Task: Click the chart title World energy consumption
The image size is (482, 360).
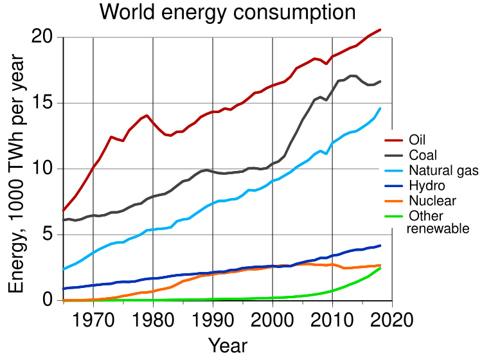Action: tap(228, 12)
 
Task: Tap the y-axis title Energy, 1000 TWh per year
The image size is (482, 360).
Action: tap(17, 175)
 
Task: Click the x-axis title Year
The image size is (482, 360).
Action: tap(228, 345)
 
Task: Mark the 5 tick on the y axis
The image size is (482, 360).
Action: tap(49, 235)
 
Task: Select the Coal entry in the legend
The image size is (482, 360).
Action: tap(422, 156)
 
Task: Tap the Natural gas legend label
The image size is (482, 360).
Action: tap(443, 171)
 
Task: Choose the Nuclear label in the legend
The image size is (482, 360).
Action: tap(431, 201)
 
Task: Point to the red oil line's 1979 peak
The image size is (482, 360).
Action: tap(147, 116)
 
